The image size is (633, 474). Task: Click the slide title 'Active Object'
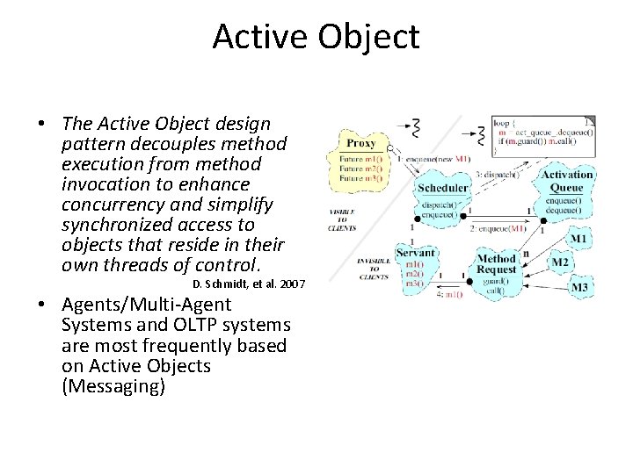(316, 37)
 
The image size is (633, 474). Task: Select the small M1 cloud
(578, 239)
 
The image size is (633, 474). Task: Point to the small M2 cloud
(560, 262)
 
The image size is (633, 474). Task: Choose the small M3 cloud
(579, 287)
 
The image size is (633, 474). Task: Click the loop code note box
(542, 136)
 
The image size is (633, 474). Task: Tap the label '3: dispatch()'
(498, 175)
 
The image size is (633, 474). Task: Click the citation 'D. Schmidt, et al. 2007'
(248, 284)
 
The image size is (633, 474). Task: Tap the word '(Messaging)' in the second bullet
(113, 386)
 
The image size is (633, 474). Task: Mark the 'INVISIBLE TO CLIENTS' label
(374, 269)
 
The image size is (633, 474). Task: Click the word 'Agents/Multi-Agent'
(146, 305)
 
